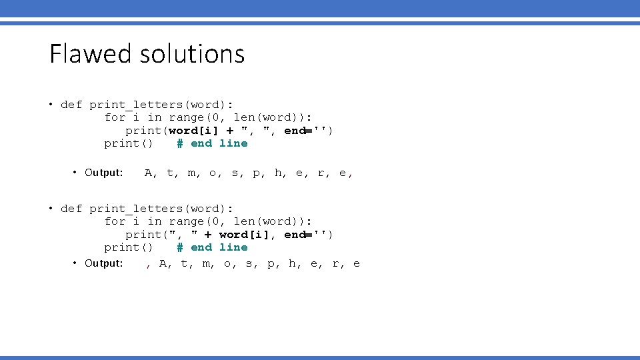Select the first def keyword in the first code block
tap(71, 104)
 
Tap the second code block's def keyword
tap(71, 208)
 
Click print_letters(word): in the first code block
tap(161, 104)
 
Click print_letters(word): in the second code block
tap(161, 208)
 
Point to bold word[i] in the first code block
tap(194, 130)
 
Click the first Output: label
tap(104, 173)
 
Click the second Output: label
tap(104, 263)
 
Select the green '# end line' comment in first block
tap(212, 143)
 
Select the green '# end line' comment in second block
tap(212, 247)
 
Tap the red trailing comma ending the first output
tap(351, 175)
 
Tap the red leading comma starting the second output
tap(148, 265)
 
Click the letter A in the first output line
tap(148, 173)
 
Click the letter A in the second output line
tap(163, 263)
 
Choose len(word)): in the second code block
tap(273, 221)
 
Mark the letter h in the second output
tap(292, 263)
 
